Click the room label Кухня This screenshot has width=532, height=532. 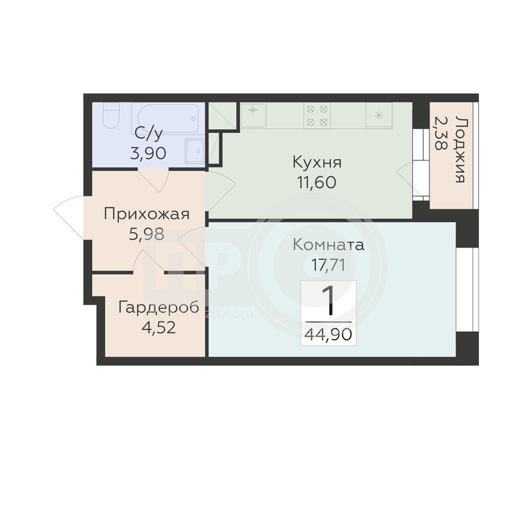(x=317, y=163)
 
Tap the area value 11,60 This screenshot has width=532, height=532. (x=317, y=183)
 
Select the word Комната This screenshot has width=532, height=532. (x=329, y=245)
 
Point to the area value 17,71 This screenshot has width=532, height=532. (x=329, y=265)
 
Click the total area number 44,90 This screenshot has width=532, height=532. (x=329, y=334)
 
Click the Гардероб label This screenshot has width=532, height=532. (x=159, y=308)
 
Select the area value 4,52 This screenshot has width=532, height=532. (x=159, y=328)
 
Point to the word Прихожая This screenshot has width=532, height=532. (x=146, y=214)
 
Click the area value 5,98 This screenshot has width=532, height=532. (x=146, y=234)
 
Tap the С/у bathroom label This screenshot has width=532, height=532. (x=148, y=134)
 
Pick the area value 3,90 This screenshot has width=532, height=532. (x=148, y=154)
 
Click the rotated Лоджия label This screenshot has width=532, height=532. (x=460, y=150)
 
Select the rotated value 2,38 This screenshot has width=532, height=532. (x=440, y=133)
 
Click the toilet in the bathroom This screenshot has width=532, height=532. (x=111, y=115)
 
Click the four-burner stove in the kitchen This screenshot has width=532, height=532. (x=317, y=115)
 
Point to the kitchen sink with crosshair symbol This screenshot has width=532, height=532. (x=253, y=115)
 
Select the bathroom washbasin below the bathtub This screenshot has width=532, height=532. (x=195, y=151)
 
